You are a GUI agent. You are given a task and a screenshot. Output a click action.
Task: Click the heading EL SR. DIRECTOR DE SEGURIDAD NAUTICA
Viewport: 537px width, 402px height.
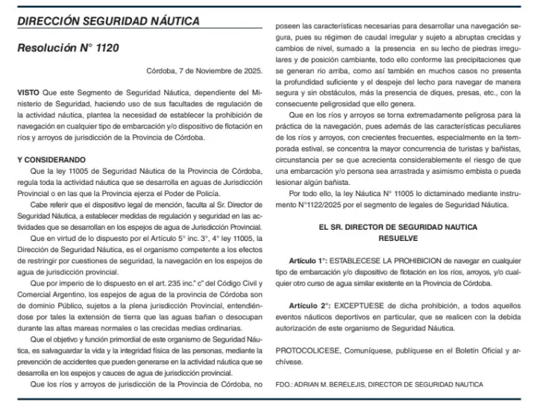pos(398,225)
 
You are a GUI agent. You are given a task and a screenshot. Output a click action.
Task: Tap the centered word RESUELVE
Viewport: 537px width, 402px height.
pos(398,238)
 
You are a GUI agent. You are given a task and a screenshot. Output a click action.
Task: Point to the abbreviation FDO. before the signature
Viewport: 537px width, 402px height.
pos(283,384)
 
